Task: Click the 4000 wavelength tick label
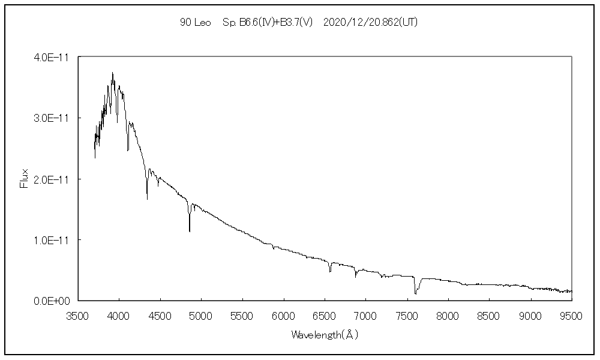click(119, 314)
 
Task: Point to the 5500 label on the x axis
click(242, 314)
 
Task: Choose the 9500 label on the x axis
click(571, 314)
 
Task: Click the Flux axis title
click(25, 179)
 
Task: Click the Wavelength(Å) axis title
click(325, 335)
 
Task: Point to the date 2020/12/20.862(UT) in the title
click(370, 22)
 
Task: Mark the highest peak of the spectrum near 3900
click(112, 73)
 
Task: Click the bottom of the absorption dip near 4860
click(190, 232)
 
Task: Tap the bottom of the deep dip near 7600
click(415, 294)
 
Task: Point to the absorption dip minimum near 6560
click(330, 272)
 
